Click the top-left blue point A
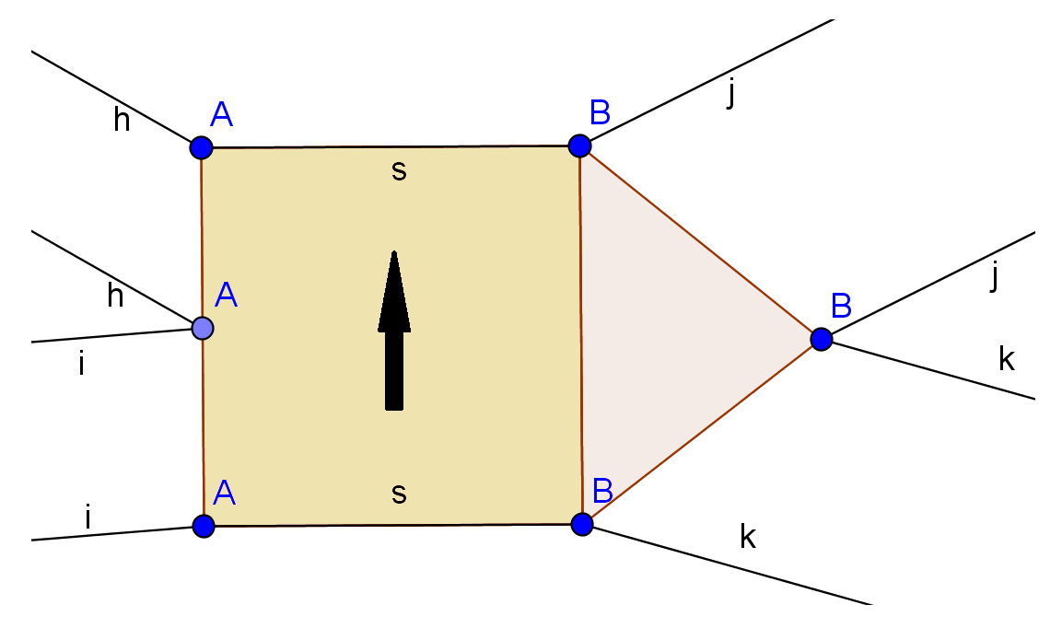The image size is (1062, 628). pyautogui.click(x=201, y=147)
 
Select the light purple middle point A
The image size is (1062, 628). pyautogui.click(x=203, y=327)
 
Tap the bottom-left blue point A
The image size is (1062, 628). pyautogui.click(x=204, y=526)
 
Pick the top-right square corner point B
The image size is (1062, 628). pyautogui.click(x=579, y=145)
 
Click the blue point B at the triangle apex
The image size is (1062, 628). pyautogui.click(x=822, y=339)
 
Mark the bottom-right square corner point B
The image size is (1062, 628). pyautogui.click(x=582, y=524)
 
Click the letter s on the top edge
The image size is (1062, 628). pyautogui.click(x=398, y=170)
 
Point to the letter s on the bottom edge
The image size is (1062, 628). pyautogui.click(x=398, y=494)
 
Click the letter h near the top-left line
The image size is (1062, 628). pyautogui.click(x=122, y=120)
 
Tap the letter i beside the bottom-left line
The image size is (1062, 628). pyautogui.click(x=88, y=518)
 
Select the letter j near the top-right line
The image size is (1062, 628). pyautogui.click(x=730, y=94)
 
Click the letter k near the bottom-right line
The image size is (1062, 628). pyautogui.click(x=748, y=536)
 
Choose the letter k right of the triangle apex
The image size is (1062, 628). pyautogui.click(x=1007, y=359)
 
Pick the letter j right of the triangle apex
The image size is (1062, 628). pyautogui.click(x=994, y=276)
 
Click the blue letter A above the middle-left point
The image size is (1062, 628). pyautogui.click(x=227, y=295)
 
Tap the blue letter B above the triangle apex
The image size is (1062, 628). pyautogui.click(x=841, y=304)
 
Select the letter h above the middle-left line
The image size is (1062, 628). pyautogui.click(x=115, y=295)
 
